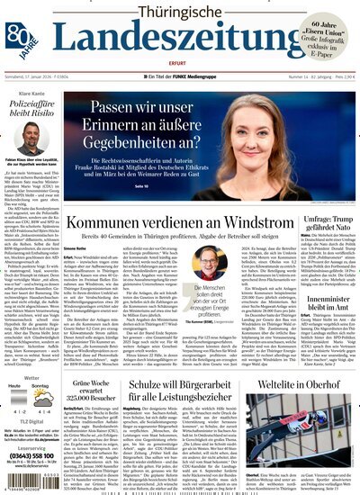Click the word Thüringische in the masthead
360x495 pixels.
[x=184, y=12]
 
